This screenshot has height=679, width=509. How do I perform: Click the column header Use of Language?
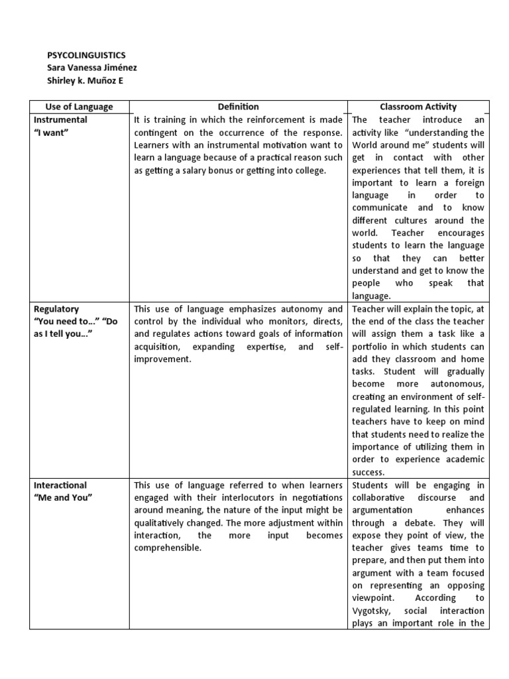pyautogui.click(x=79, y=107)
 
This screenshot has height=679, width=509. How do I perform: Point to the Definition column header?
pyautogui.click(x=239, y=107)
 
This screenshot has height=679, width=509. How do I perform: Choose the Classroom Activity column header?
pyautogui.click(x=418, y=107)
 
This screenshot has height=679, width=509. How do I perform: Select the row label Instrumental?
pyautogui.click(x=60, y=120)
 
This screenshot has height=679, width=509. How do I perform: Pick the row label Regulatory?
pyautogui.click(x=56, y=309)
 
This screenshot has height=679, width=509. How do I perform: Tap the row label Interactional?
pyautogui.click(x=60, y=485)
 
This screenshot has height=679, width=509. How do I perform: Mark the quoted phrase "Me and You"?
pyautogui.click(x=63, y=498)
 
